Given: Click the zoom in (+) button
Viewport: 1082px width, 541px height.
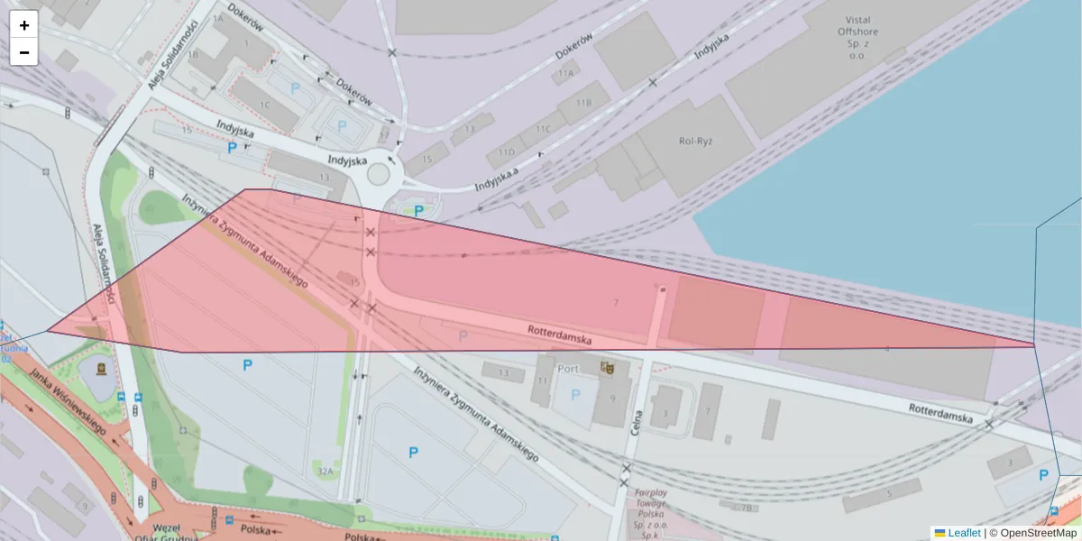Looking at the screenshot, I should pos(24,25).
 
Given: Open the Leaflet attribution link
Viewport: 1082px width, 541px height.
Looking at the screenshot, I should pos(964,533).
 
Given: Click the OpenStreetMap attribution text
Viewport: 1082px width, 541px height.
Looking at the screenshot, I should pos(1036,533).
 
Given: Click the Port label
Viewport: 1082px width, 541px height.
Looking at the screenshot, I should pos(568,369).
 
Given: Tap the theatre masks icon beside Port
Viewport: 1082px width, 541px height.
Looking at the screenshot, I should pos(606,368).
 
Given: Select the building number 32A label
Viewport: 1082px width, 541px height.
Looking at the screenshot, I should pos(326,472).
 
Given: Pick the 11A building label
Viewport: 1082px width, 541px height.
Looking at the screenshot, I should pos(566,73).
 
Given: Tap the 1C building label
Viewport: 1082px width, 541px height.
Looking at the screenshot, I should pos(264,105).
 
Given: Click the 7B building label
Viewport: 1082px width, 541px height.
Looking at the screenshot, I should pos(745,507).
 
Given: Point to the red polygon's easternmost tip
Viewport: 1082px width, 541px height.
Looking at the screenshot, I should pos(1034,344).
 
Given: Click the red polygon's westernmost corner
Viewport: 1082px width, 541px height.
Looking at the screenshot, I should pos(48,331).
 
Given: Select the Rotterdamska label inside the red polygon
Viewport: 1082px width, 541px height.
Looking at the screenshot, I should pos(560,335).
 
